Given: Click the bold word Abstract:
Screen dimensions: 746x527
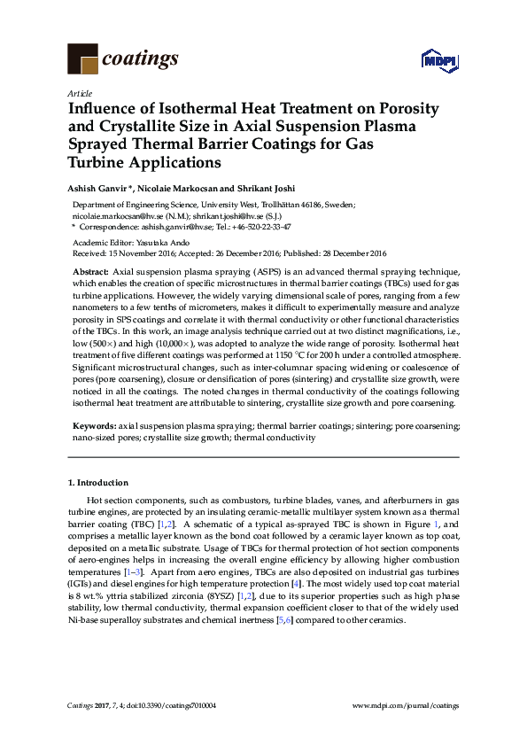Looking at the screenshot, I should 90,268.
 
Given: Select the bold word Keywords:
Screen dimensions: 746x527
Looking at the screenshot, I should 94,426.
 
